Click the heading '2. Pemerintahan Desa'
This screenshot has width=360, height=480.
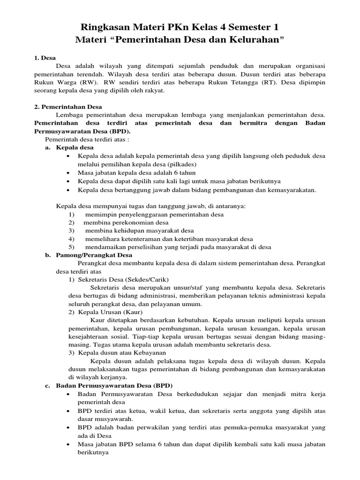click(68, 107)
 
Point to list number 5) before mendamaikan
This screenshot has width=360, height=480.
click(72, 247)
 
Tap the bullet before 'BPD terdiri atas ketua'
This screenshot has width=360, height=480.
click(69, 411)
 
